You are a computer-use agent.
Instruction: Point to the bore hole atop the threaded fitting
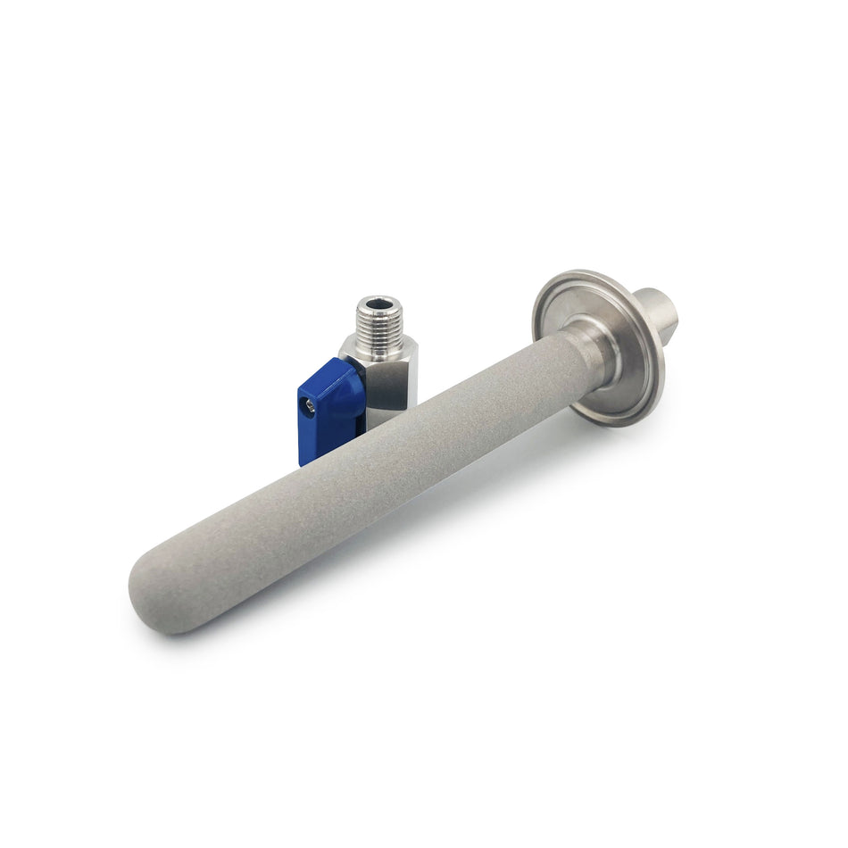[379, 303]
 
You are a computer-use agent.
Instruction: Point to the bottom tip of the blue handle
[306, 460]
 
